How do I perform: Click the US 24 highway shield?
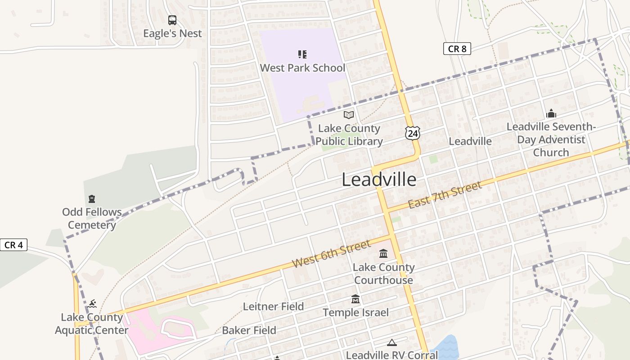coord(412,132)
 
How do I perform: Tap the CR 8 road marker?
coord(457,49)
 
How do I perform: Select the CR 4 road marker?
coord(13,245)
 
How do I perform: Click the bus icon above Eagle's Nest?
coord(172,20)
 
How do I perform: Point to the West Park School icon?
coord(302,54)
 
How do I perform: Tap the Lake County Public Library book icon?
coord(349,115)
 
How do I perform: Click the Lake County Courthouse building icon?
coord(383,254)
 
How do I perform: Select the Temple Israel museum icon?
coord(355,299)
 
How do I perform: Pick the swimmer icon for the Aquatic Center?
coord(92,304)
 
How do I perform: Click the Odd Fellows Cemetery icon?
coord(92,198)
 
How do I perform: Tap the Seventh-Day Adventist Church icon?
coord(551,113)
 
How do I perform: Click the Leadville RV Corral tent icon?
coord(392,343)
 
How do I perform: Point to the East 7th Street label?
coord(445,194)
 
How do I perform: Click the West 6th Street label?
coord(331,254)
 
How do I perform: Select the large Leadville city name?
coord(379,180)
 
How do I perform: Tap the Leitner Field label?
coord(273,306)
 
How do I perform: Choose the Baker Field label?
coord(249,330)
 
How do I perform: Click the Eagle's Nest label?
coord(172,33)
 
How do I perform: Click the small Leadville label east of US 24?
coord(470,141)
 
